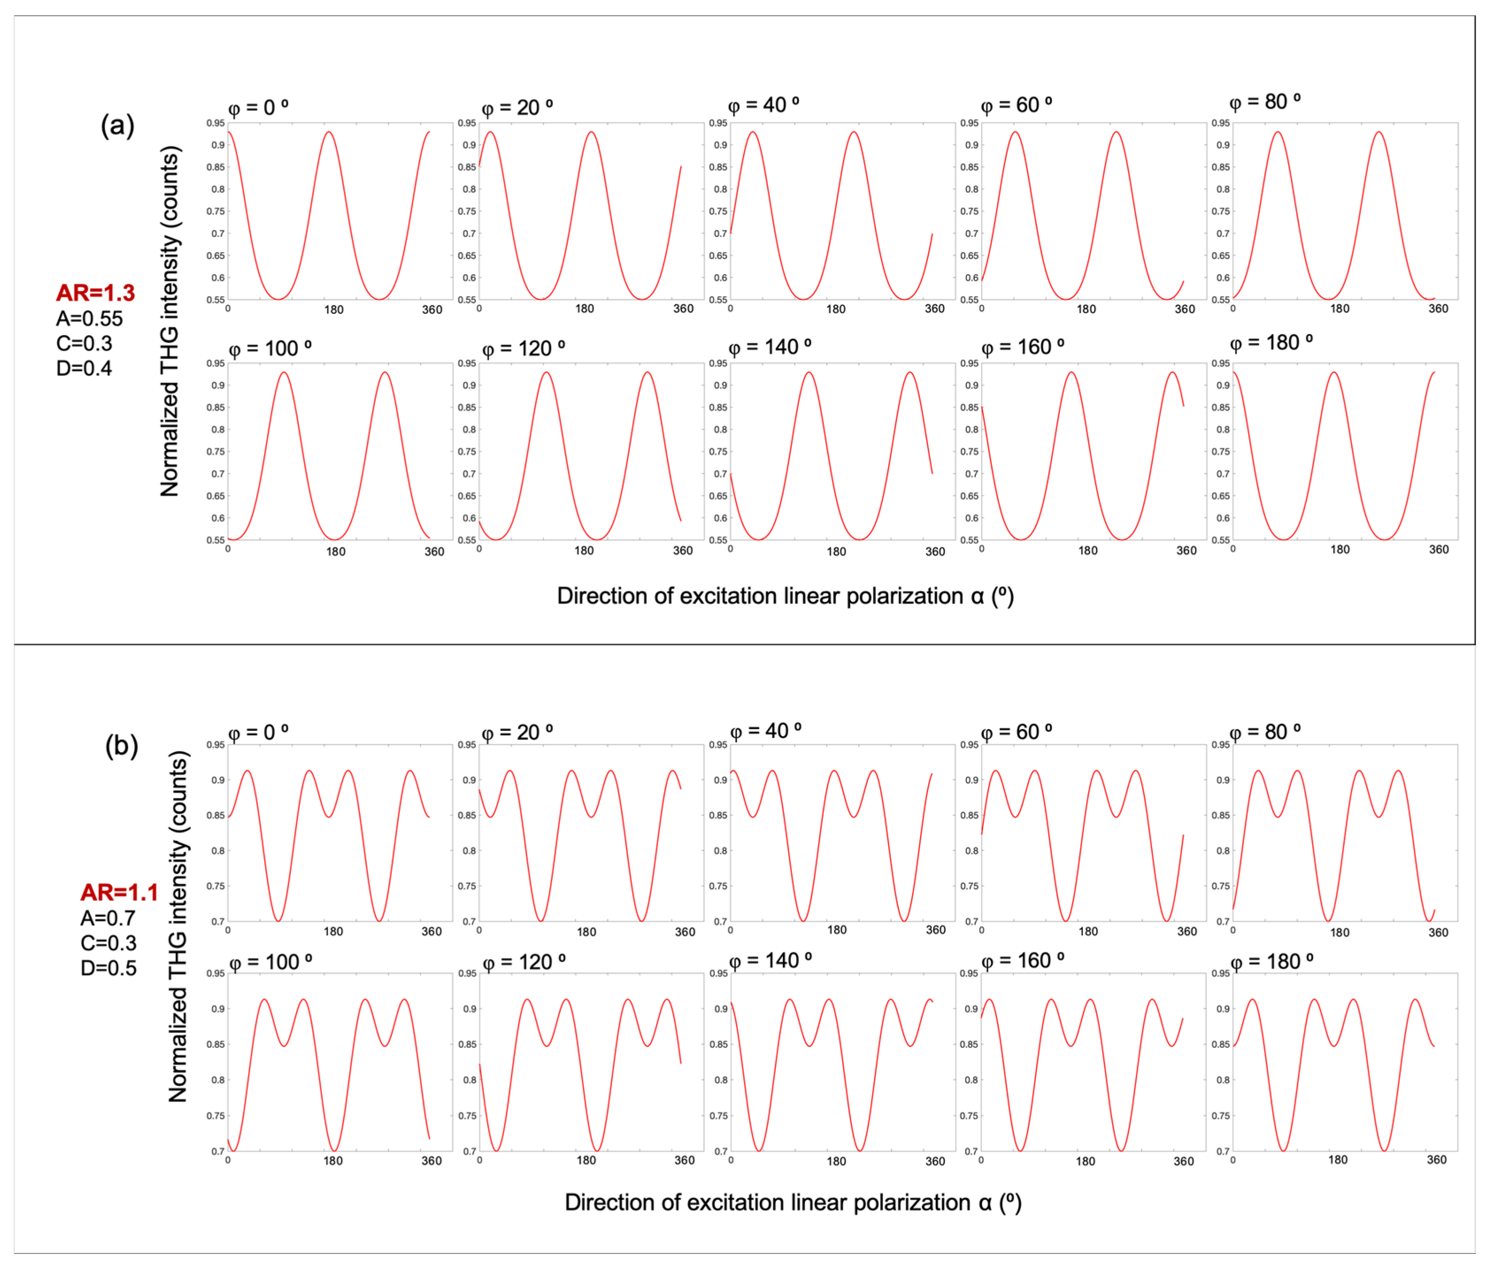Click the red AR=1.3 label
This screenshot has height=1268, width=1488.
click(96, 293)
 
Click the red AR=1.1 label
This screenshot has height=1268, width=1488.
click(119, 893)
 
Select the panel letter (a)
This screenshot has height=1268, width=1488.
click(118, 126)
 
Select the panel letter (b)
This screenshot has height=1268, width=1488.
click(121, 746)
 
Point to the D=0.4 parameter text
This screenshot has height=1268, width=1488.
click(84, 368)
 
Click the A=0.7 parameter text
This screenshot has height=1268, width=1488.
click(108, 918)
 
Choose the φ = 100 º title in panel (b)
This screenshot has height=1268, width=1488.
click(271, 962)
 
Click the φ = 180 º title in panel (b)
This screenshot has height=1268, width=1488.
click(1272, 962)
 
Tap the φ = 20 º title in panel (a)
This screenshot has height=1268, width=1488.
click(517, 108)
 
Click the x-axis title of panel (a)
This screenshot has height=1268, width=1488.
click(785, 596)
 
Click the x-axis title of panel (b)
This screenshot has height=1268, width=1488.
click(793, 1203)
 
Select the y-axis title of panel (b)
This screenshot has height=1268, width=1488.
click(178, 926)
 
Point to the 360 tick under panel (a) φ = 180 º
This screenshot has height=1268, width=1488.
click(1438, 549)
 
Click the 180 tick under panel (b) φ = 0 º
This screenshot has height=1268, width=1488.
click(333, 931)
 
